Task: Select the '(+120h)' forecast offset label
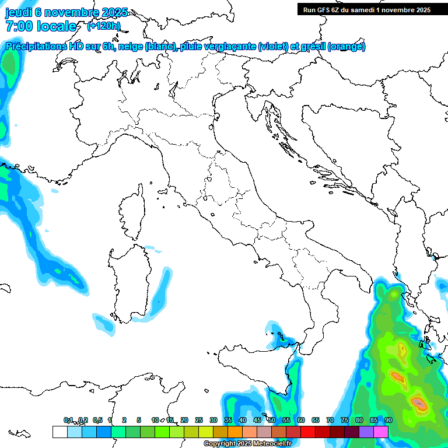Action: point(103,26)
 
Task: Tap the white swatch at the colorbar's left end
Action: point(60,432)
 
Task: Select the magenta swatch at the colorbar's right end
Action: point(381,432)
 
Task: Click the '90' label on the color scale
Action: point(388,420)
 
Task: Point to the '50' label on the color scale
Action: point(272,420)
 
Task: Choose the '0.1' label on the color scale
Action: point(68,420)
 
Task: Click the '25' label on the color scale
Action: point(199,420)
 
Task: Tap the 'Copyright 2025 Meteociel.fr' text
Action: point(247,443)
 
